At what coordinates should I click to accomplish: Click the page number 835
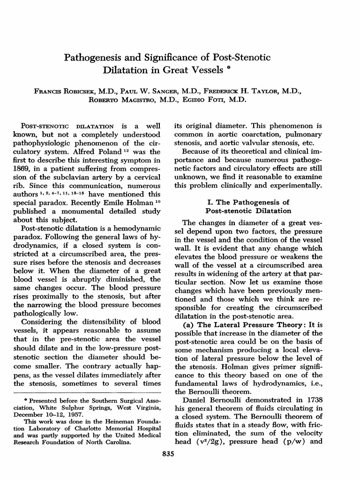(180, 453)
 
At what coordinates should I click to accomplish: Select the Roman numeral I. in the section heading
(210, 202)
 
